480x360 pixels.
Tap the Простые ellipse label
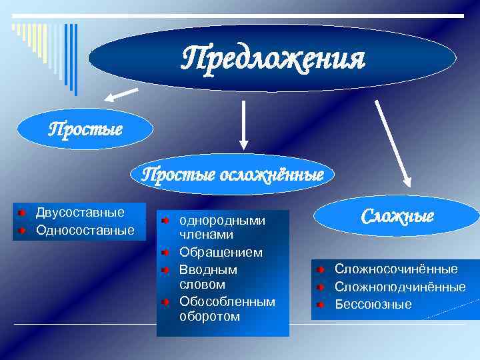[x=85, y=129]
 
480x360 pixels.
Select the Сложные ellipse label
[x=397, y=217]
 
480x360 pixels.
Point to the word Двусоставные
[x=80, y=213]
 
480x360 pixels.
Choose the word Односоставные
[x=85, y=230]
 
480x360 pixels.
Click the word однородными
[x=223, y=220]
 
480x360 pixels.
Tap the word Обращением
[x=221, y=253]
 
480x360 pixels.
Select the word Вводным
[x=208, y=270]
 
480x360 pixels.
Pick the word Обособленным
[x=227, y=302]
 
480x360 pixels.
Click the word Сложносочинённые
[x=396, y=269]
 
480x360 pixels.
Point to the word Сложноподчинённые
[x=400, y=287]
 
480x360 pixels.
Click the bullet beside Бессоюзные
[x=321, y=305]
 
